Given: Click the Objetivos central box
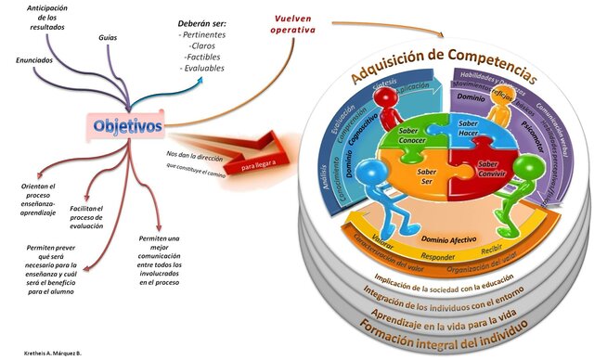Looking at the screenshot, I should pyautogui.click(x=128, y=125).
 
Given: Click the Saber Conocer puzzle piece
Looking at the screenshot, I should pyautogui.click(x=408, y=137).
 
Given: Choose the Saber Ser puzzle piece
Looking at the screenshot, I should pyautogui.click(x=428, y=177).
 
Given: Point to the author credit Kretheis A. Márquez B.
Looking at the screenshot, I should pyautogui.click(x=53, y=354).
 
